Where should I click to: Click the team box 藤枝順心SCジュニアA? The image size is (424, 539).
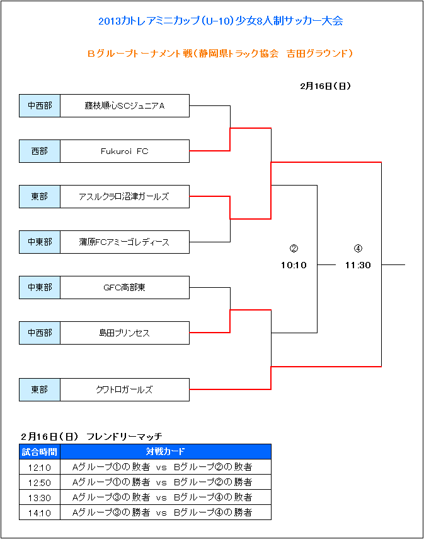pyautogui.click(x=125, y=105)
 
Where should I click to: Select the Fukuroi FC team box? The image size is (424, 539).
pyautogui.click(x=125, y=151)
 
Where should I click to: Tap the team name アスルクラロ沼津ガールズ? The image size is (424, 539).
pyautogui.click(x=124, y=197)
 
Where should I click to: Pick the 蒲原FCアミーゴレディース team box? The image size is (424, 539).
pyautogui.click(x=125, y=242)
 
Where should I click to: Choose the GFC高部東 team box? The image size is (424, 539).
pyautogui.click(x=125, y=287)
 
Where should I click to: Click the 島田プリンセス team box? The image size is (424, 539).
pyautogui.click(x=125, y=333)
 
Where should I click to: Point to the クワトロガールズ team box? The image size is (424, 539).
pyautogui.click(x=125, y=389)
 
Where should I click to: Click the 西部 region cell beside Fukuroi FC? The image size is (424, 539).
pyautogui.click(x=40, y=151)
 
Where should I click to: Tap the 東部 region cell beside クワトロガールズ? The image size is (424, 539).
pyautogui.click(x=40, y=389)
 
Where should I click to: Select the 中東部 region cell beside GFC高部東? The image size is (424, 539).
pyautogui.click(x=40, y=287)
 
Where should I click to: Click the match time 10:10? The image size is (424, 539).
pyautogui.click(x=294, y=265)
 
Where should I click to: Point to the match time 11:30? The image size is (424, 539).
pyautogui.click(x=358, y=265)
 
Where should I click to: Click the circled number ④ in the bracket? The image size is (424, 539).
pyautogui.click(x=358, y=249)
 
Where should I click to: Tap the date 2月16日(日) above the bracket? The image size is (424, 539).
pyautogui.click(x=325, y=86)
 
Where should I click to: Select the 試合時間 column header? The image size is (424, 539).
pyautogui.click(x=40, y=452)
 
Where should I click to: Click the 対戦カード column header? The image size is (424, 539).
pyautogui.click(x=166, y=452)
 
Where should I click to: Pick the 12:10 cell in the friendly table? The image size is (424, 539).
pyautogui.click(x=40, y=467)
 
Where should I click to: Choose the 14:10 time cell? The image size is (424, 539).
pyautogui.click(x=40, y=512)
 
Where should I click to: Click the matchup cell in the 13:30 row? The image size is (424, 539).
pyautogui.click(x=166, y=497)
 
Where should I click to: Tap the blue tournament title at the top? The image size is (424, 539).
pyautogui.click(x=221, y=21)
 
